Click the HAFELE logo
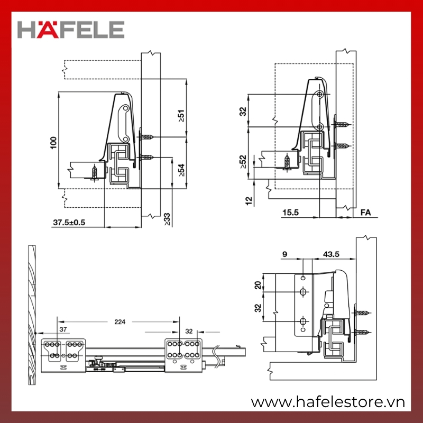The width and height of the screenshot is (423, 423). [x=71, y=30]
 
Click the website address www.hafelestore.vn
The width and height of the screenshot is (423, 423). [x=328, y=402]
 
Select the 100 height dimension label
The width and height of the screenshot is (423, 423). [x=54, y=143]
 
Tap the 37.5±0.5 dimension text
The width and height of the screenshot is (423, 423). [x=69, y=223]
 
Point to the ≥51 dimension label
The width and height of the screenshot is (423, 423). [x=181, y=116]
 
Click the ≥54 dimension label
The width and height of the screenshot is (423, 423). [x=181, y=170]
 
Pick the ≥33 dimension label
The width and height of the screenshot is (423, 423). [x=167, y=219]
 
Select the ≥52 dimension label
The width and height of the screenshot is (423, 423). [x=243, y=162]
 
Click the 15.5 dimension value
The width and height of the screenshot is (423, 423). [x=290, y=213]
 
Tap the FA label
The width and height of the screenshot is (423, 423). [x=365, y=213]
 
